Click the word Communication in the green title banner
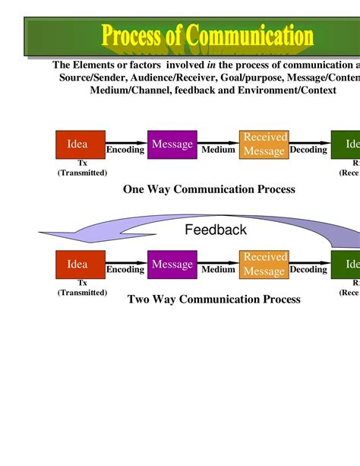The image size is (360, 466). (250, 35)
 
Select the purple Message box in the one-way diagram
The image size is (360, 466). (172, 144)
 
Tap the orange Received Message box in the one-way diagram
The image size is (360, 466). (264, 144)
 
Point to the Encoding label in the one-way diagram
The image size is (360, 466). (125, 150)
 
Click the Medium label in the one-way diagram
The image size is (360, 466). (219, 150)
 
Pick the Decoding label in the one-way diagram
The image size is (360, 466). (308, 150)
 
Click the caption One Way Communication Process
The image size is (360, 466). (209, 189)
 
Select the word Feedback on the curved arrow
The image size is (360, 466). (216, 230)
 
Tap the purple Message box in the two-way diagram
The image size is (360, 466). (172, 265)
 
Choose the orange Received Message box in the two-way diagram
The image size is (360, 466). (264, 265)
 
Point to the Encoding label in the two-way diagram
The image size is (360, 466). (125, 270)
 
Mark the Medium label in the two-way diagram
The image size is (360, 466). (219, 270)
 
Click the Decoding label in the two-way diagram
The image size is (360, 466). (308, 270)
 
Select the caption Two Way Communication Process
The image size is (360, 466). (213, 300)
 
